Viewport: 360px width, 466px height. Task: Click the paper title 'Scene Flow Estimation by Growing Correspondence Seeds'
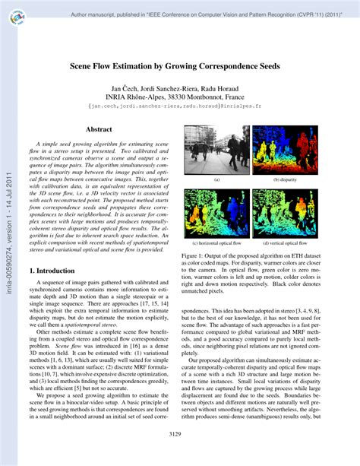tap(180, 66)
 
